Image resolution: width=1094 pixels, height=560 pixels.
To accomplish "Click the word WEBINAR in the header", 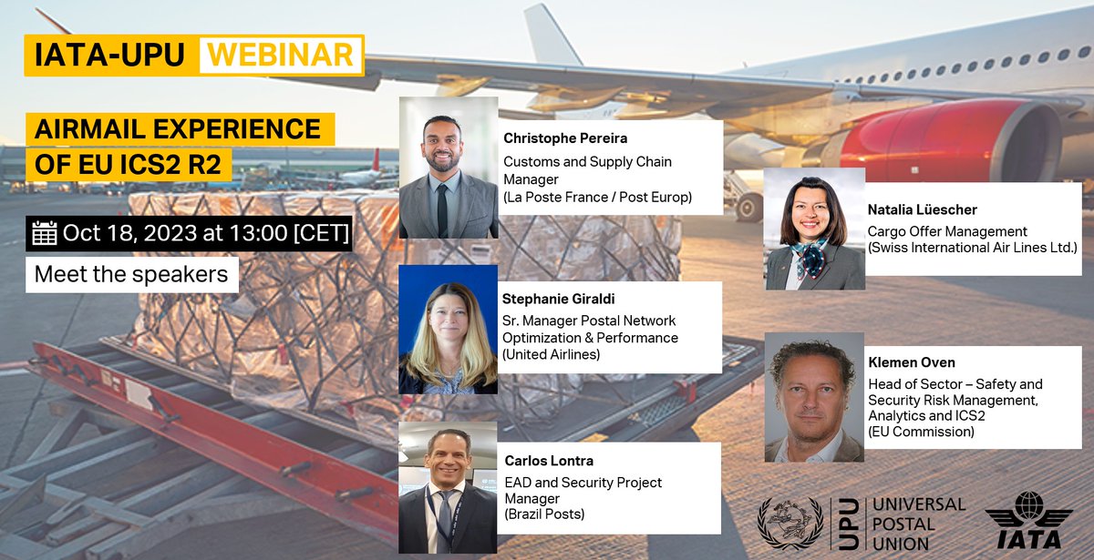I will (281, 55).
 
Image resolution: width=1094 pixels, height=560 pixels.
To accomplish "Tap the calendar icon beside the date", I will (44, 233).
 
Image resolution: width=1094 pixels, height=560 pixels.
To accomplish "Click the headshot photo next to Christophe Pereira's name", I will (449, 168).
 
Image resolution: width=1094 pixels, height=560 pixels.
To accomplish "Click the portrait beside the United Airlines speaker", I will (449, 330).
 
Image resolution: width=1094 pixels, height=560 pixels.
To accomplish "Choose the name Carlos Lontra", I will (549, 460).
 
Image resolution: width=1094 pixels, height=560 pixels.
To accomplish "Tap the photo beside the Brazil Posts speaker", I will (449, 487).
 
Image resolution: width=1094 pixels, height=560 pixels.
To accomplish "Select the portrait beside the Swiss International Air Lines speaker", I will (814, 229).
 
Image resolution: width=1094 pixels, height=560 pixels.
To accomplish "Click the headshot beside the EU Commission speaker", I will (814, 396).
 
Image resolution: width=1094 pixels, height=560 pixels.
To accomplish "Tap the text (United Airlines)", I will (551, 354).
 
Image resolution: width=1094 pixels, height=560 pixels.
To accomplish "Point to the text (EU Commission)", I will (920, 432).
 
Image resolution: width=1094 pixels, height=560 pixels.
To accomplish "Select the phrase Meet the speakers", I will (131, 274).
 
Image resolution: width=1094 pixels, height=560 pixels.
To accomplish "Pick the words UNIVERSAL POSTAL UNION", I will (918, 524).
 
